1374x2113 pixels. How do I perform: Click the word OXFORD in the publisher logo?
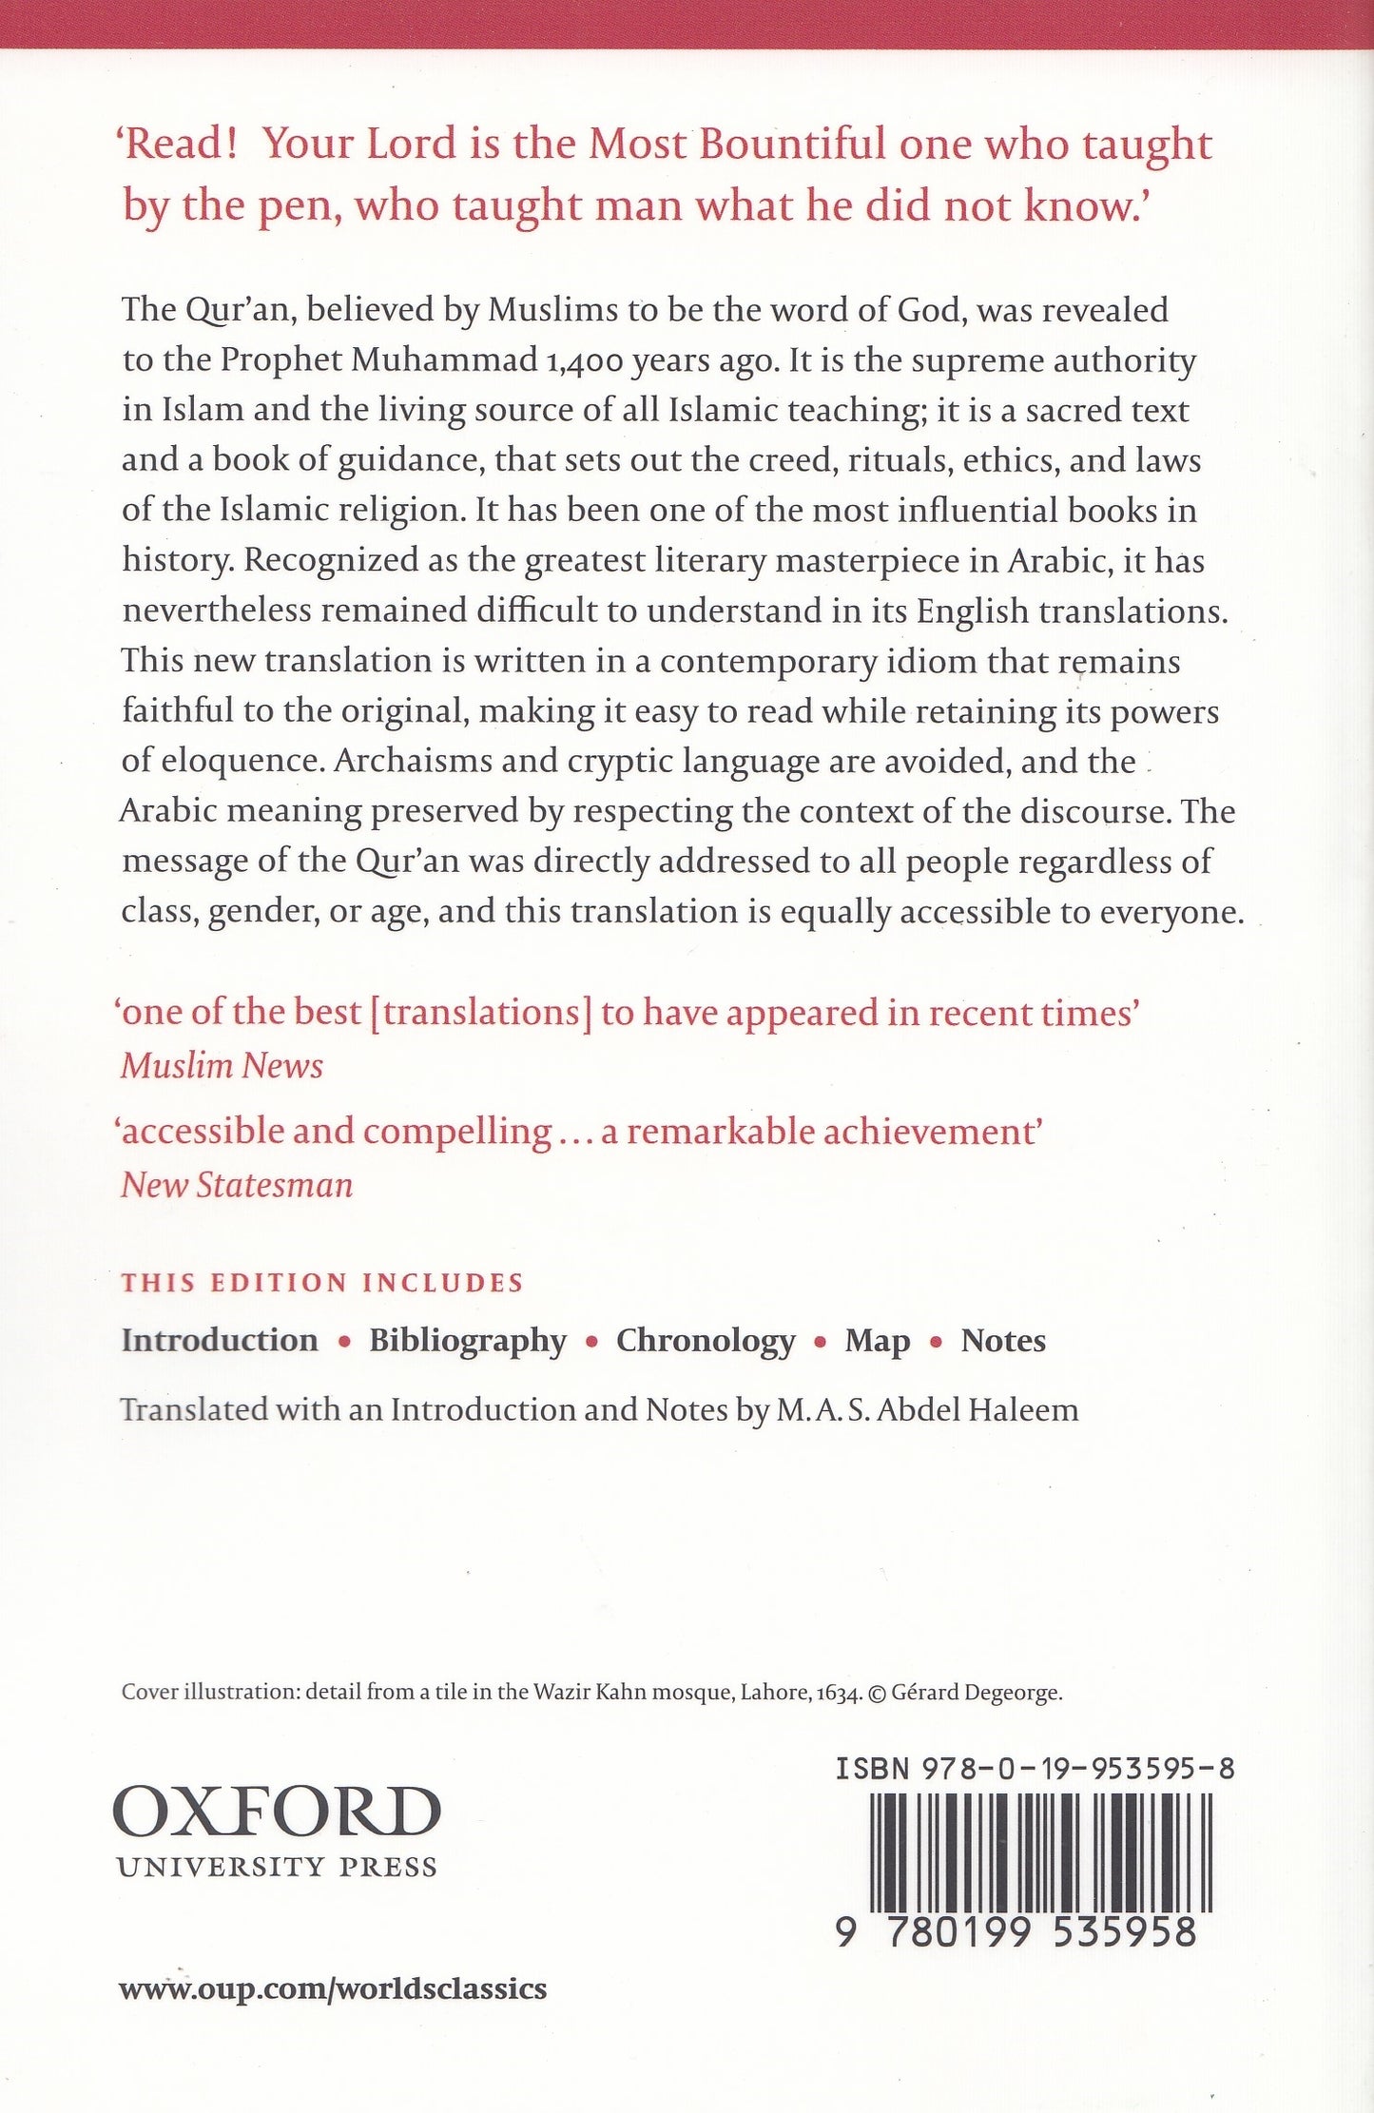click(277, 1812)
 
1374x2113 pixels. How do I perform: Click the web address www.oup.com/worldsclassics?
click(333, 1987)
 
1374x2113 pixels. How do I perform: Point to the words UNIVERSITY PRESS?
click(277, 1867)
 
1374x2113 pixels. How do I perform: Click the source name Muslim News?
click(222, 1065)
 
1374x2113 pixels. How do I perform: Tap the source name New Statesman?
click(237, 1185)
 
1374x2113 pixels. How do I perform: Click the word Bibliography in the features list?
click(468, 1340)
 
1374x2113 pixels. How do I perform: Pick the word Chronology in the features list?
click(706, 1340)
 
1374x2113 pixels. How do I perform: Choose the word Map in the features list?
click(877, 1340)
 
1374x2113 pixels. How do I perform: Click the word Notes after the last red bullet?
click(1003, 1340)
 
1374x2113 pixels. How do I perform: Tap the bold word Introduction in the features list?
click(220, 1340)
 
